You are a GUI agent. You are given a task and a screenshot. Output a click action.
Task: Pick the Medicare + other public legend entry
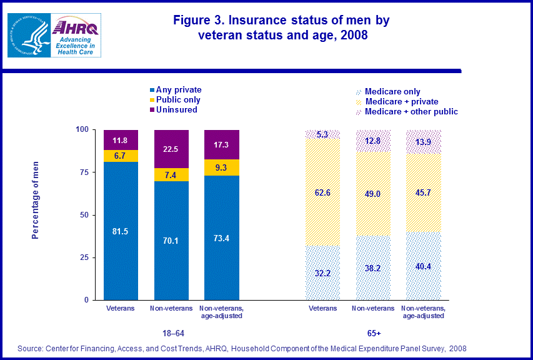(x=411, y=111)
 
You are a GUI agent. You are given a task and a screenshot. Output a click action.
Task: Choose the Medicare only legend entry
(x=392, y=91)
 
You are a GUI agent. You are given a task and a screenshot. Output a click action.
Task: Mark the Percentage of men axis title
(x=36, y=199)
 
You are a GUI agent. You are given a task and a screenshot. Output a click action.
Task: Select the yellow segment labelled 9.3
(x=222, y=167)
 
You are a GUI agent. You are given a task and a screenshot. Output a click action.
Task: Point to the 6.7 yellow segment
(x=121, y=156)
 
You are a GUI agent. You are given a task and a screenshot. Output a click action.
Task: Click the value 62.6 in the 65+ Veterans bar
(x=322, y=192)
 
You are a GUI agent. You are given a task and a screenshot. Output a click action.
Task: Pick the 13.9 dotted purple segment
(x=424, y=142)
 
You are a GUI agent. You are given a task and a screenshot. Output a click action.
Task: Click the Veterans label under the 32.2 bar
(x=322, y=308)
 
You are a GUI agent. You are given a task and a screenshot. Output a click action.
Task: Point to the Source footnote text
(x=242, y=347)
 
